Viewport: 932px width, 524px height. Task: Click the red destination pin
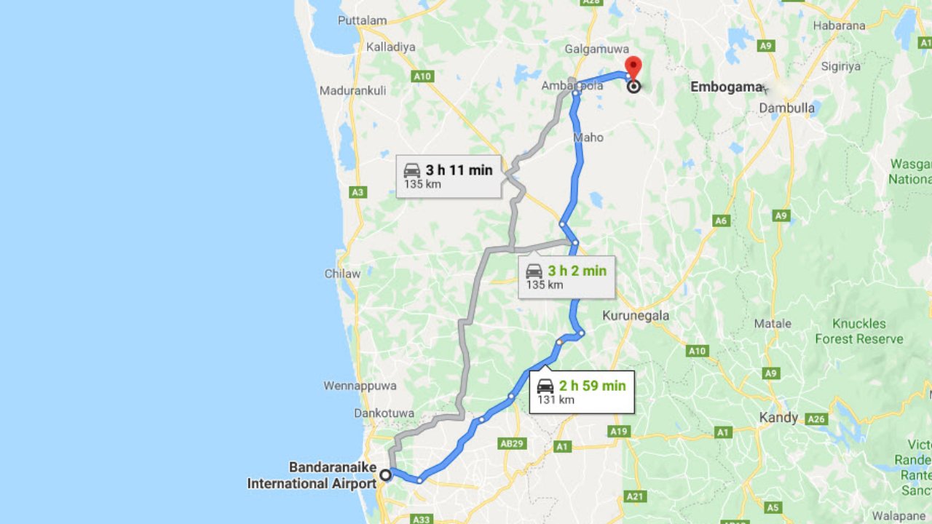point(633,68)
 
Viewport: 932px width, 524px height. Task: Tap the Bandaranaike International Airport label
point(312,475)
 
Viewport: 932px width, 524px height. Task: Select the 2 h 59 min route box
point(581,392)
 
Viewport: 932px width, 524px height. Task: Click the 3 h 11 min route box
point(448,176)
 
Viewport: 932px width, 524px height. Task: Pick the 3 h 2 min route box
point(566,277)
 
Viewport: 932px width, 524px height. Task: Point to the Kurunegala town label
point(635,316)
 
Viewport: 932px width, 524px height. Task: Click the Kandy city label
point(778,418)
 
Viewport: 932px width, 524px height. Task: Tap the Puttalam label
point(363,20)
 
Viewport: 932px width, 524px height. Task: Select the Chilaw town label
point(342,274)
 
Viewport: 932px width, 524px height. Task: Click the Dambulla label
point(786,108)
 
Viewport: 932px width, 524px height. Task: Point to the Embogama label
point(726,87)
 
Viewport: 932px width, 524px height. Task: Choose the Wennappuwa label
point(360,385)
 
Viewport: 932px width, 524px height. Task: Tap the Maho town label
point(588,137)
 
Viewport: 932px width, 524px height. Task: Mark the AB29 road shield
point(513,443)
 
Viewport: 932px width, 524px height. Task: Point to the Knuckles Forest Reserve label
point(859,331)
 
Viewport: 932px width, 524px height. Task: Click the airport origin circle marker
point(385,475)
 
